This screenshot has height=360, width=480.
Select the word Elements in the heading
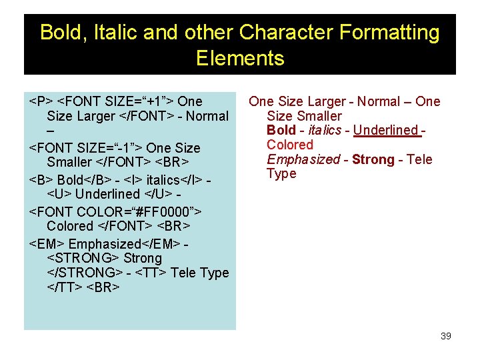coord(240,58)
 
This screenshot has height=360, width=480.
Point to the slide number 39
coord(446,336)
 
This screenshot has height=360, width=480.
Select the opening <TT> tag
coord(153,273)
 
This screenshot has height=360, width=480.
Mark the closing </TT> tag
coord(65,287)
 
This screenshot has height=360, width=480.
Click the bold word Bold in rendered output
coord(281,130)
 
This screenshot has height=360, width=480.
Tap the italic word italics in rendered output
coord(325,130)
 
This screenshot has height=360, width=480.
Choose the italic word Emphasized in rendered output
coord(303,159)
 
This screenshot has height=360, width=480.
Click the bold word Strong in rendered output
coord(373,159)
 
